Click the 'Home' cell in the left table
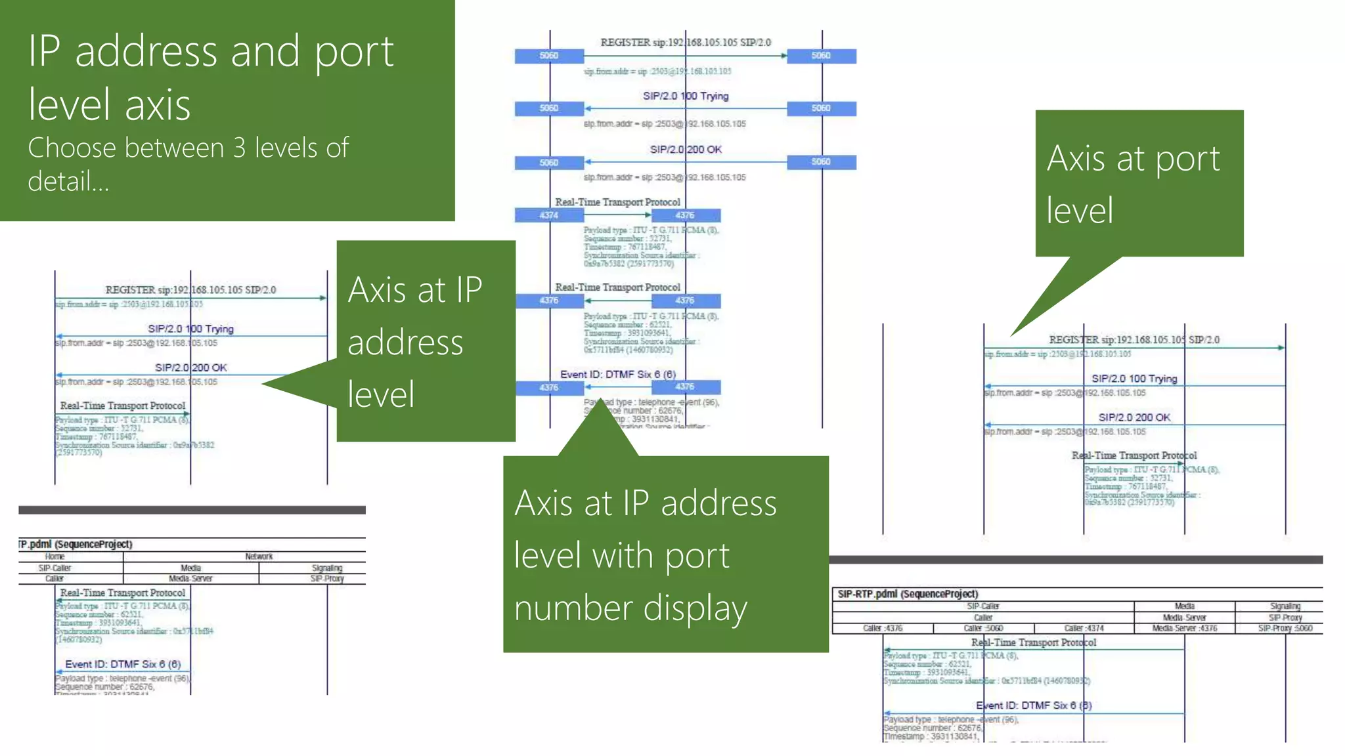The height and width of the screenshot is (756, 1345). (x=55, y=556)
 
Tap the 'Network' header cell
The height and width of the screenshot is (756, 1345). (x=259, y=556)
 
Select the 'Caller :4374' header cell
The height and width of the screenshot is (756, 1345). (x=1084, y=628)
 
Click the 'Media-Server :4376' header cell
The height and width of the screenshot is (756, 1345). (x=1184, y=628)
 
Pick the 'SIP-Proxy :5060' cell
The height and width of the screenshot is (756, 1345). (x=1285, y=628)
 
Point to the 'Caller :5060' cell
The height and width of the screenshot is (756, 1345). (x=983, y=628)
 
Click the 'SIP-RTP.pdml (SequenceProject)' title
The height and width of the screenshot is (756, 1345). (x=908, y=594)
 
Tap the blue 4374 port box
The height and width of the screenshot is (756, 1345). (x=549, y=215)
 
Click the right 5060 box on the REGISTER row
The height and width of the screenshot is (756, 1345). (x=821, y=56)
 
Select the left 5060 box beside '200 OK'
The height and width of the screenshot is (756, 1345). (x=549, y=163)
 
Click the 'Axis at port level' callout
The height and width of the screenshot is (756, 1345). (x=1139, y=184)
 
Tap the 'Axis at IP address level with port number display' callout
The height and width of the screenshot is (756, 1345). (x=665, y=555)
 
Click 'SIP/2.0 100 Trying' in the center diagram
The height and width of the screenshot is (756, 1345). (x=686, y=96)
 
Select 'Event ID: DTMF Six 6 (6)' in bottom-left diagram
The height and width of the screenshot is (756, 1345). (x=123, y=664)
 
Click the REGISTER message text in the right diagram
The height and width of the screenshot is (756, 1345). (x=1134, y=340)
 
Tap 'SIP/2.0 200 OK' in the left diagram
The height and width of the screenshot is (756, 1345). (x=190, y=367)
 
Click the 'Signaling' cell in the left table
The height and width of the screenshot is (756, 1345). (x=327, y=568)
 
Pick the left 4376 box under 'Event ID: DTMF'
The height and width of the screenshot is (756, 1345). (x=549, y=387)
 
